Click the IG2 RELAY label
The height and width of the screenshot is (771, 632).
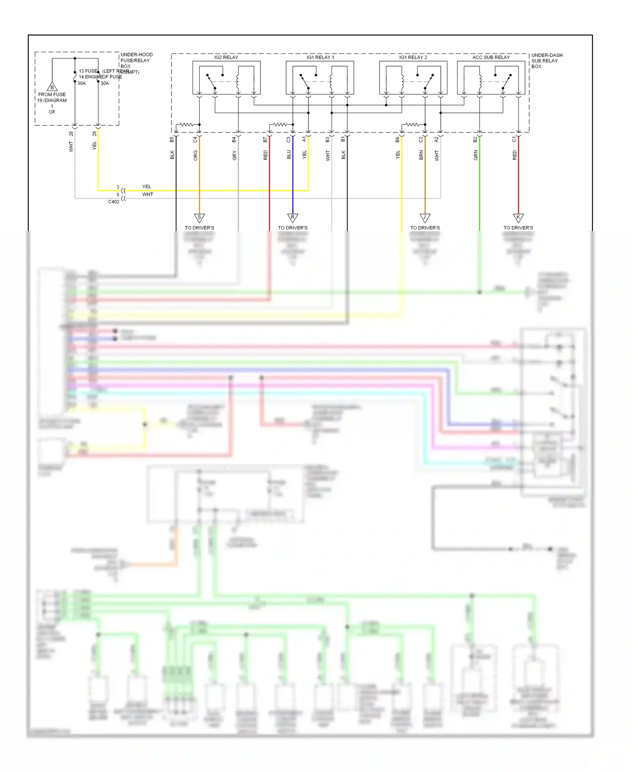226,57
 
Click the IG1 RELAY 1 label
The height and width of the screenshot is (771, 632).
320,57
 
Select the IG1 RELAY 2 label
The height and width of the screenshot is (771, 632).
413,57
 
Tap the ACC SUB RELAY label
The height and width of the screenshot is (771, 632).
491,57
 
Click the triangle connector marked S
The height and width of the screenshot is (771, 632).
199,218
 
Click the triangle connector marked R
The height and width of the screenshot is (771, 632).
293,218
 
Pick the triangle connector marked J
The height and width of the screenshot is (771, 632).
425,218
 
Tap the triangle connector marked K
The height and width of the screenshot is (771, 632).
518,218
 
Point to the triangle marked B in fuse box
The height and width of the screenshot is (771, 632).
52,87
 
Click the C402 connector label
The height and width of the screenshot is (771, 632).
114,202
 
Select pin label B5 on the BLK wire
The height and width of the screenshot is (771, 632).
172,139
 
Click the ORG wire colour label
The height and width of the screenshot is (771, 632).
195,156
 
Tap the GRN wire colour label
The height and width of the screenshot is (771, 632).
476,156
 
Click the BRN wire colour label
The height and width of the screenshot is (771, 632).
421,155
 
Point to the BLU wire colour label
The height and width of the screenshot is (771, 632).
289,155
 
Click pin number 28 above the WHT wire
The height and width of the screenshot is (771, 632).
71,134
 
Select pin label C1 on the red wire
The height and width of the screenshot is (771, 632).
514,139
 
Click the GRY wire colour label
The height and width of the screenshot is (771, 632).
235,156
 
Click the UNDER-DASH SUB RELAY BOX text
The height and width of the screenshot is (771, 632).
546,61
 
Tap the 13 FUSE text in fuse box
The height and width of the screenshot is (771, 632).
88,71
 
